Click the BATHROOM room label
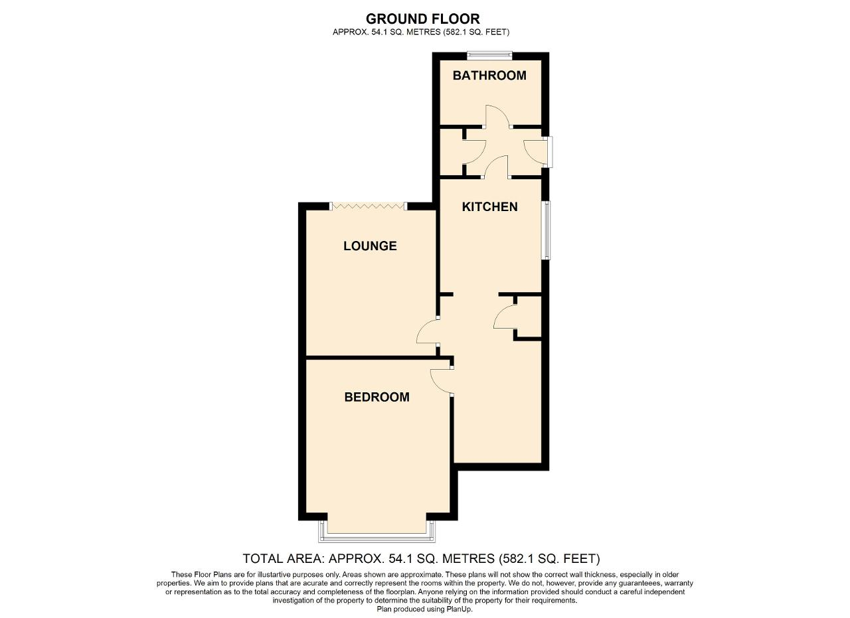pos(489,76)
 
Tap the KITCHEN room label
pos(489,207)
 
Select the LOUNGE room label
pos(370,246)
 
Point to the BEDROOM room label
pos(377,398)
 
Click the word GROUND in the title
pos(394,19)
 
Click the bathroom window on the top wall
pos(489,55)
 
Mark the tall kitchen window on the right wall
pos(546,230)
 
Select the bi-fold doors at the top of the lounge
pos(369,206)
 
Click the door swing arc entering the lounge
pos(426,331)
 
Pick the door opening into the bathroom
pos(497,117)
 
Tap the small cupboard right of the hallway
pos(529,317)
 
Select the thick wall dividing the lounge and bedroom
pos(372,358)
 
